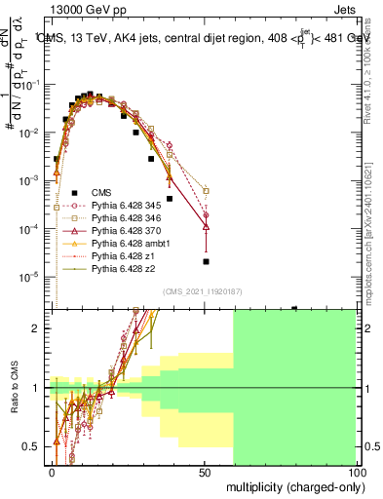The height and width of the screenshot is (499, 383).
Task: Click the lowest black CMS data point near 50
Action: coord(206,261)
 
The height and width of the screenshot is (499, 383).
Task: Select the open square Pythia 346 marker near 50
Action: coord(206,191)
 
